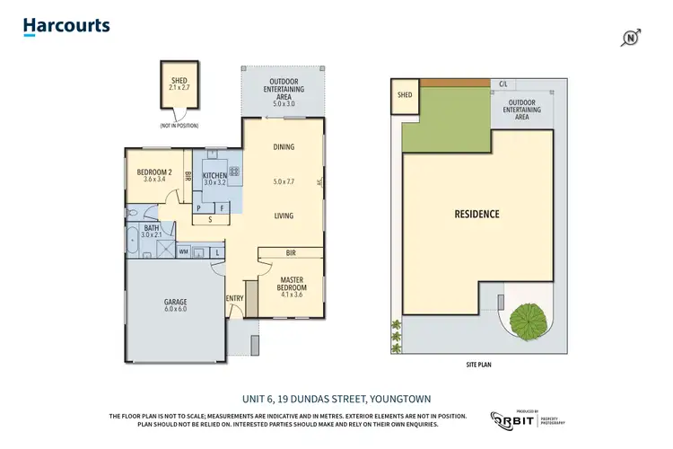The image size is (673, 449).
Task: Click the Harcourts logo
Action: click(x=66, y=25)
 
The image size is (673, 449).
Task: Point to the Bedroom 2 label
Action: click(x=155, y=174)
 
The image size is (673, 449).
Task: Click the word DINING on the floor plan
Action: click(x=284, y=147)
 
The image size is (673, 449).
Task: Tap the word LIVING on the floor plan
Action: click(x=284, y=216)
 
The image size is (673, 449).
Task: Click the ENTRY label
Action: click(x=234, y=298)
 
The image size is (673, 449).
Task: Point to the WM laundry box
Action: click(x=183, y=252)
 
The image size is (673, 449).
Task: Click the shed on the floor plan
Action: click(x=179, y=84)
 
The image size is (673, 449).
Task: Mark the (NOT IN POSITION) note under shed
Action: click(x=179, y=126)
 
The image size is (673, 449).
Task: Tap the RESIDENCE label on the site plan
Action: click(x=476, y=214)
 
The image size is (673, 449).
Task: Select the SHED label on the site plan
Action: click(x=405, y=94)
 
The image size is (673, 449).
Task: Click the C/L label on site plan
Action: click(x=503, y=84)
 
